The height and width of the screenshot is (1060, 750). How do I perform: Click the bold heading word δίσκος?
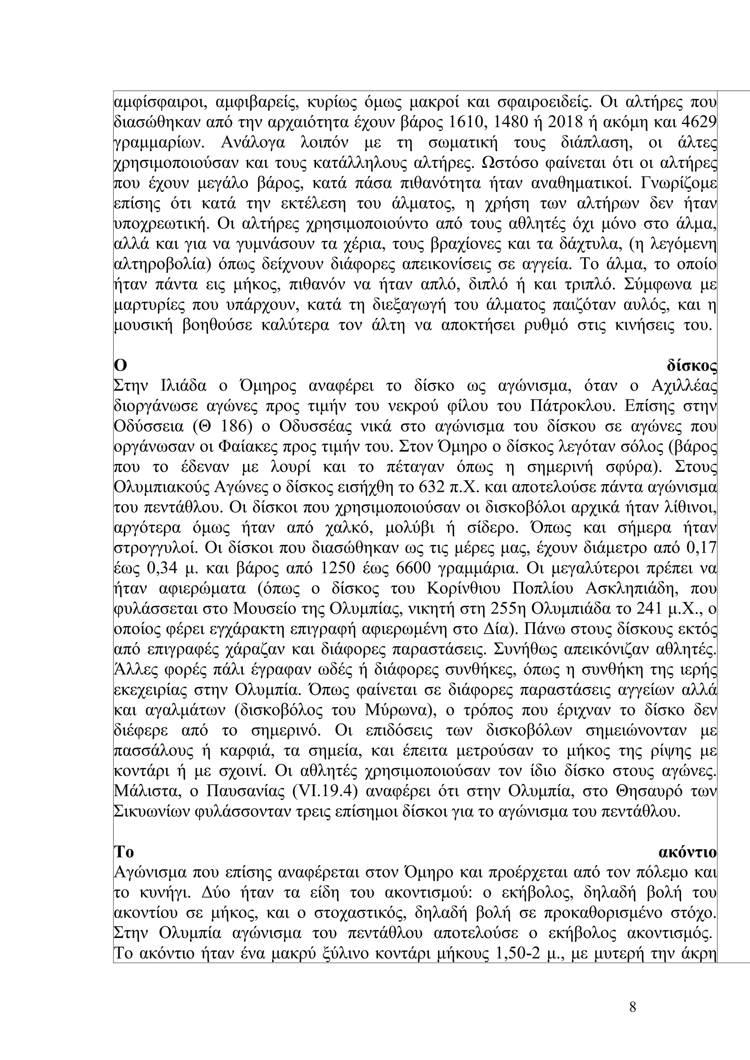click(691, 366)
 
